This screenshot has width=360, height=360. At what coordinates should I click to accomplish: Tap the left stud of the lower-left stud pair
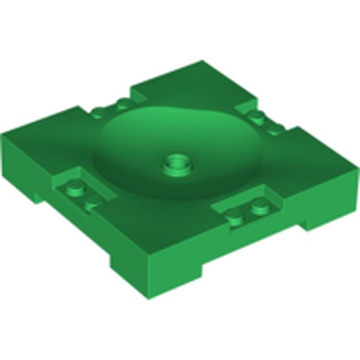74,189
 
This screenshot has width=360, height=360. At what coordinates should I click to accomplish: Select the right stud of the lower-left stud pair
92,199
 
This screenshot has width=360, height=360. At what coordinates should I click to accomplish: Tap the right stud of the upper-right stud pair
274,130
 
